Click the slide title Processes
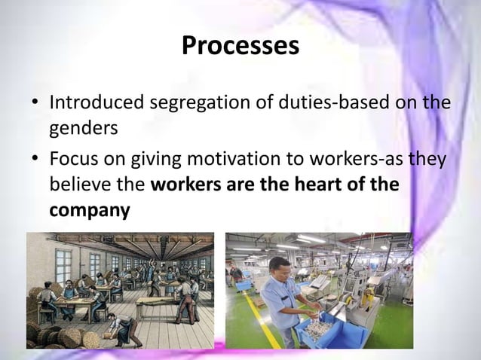coord(240,47)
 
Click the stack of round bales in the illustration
coord(49,331)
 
